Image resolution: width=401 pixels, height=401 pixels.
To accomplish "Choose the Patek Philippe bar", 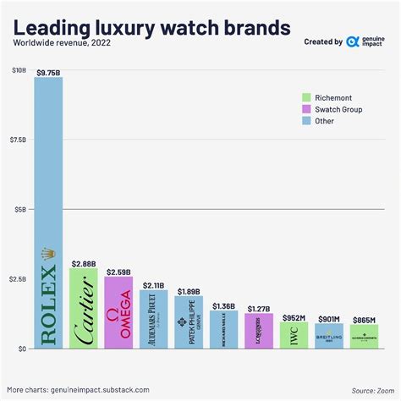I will click(189, 322).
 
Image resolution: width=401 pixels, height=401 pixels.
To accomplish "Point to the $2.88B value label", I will click(83, 263).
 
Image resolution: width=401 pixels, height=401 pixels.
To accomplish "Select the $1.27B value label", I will click(259, 308).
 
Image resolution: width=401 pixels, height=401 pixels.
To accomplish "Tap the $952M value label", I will click(294, 316).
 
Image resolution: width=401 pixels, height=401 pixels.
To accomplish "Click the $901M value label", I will click(329, 318).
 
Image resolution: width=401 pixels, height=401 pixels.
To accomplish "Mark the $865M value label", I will click(365, 319).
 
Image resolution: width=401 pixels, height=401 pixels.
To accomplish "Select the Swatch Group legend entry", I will click(339, 109).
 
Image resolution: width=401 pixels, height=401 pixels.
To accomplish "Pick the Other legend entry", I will click(326, 121).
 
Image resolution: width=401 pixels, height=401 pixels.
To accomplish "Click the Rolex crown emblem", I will click(47, 252).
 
